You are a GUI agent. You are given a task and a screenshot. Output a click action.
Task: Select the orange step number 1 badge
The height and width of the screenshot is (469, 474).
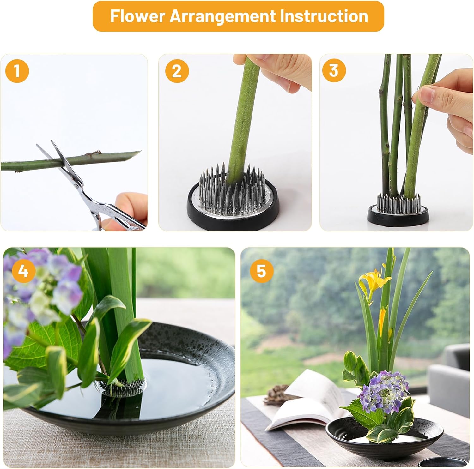17,71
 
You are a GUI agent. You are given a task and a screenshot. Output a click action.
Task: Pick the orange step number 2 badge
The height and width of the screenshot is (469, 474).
177,71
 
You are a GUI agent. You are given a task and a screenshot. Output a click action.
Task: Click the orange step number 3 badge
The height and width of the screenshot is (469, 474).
334,70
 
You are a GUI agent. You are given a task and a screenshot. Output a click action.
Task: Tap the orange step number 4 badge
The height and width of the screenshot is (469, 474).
23,271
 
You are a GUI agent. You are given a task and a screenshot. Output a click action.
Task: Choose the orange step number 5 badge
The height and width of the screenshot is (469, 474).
261,271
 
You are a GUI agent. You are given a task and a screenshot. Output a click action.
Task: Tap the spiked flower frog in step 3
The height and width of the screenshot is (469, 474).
398,209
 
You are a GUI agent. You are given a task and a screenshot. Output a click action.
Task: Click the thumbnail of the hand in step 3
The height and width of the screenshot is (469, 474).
426,95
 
